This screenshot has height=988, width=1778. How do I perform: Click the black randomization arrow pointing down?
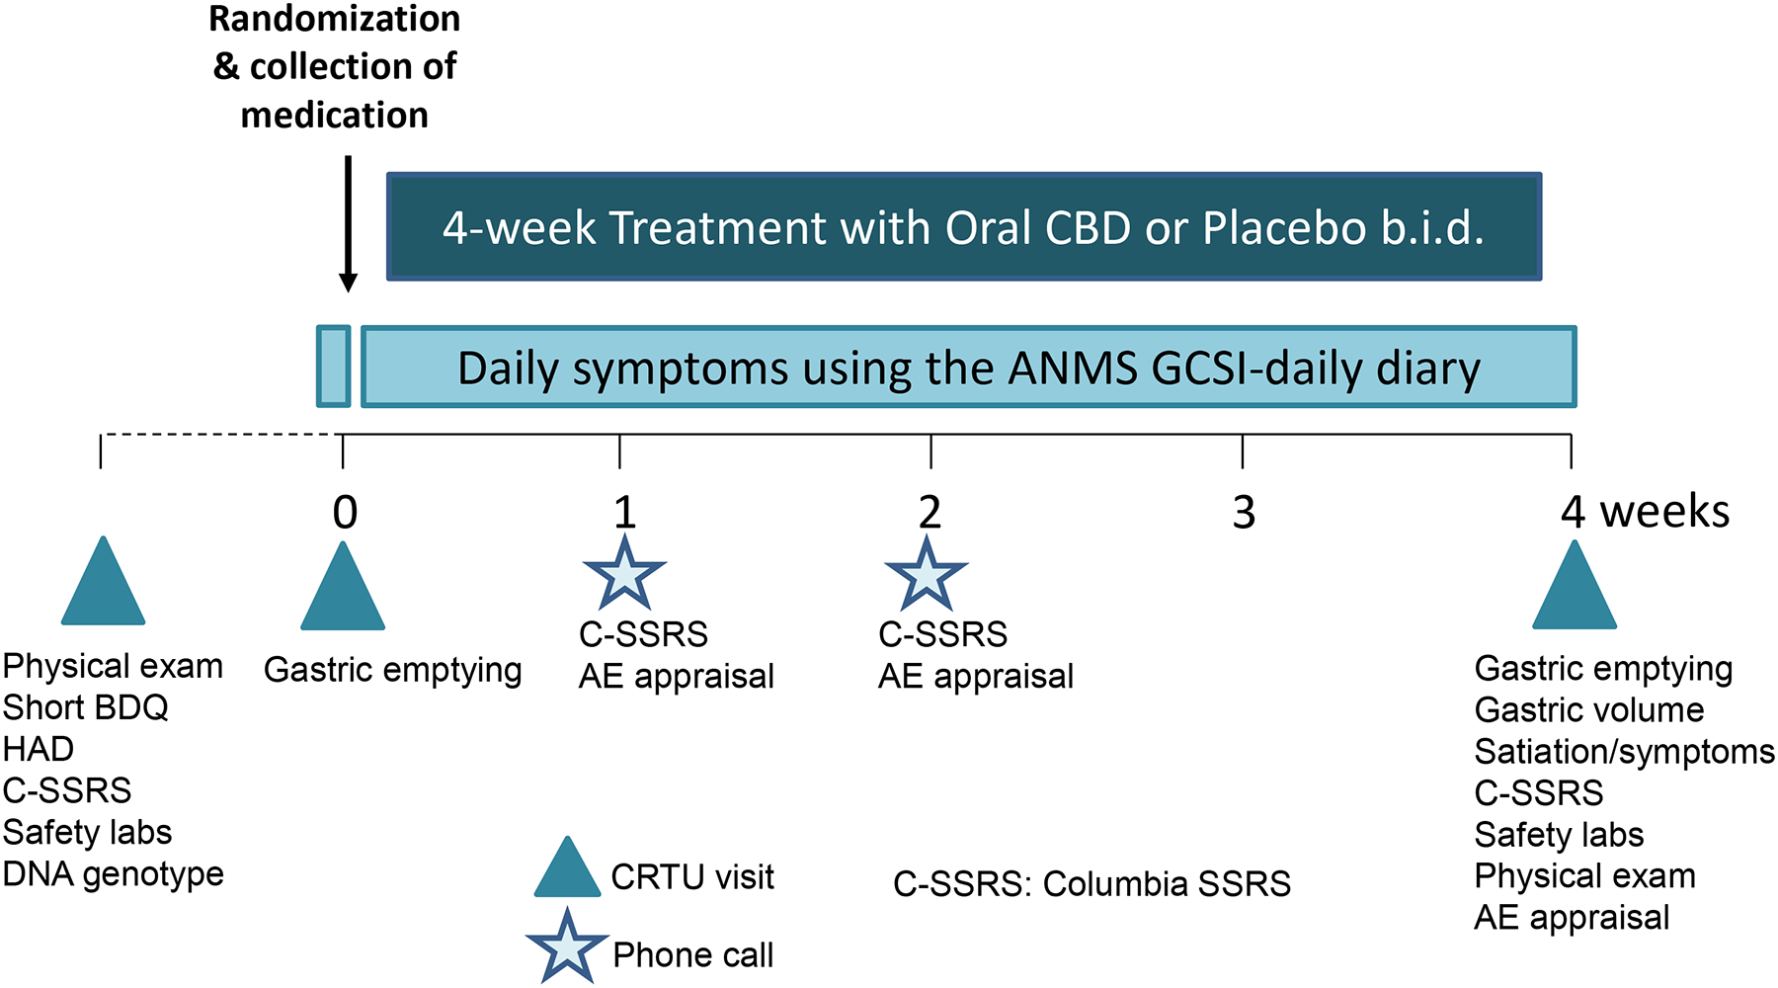coord(348,224)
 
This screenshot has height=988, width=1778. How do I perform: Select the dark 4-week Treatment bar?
coord(964,227)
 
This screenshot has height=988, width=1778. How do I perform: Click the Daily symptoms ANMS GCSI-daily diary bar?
coord(968,367)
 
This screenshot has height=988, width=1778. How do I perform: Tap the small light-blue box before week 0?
coord(334,367)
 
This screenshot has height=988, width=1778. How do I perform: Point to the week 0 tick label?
coord(345,512)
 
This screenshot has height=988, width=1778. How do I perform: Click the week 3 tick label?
coord(1244,512)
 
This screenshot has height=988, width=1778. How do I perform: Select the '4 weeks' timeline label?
coord(1645,512)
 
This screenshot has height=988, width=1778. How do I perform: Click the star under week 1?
coord(624,573)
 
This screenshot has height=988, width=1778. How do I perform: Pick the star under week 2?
coord(927,573)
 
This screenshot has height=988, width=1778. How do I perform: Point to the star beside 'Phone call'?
coord(567,947)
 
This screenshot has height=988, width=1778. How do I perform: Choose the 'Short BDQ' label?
coord(86,707)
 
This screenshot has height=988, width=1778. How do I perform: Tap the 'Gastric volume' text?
coord(1589,709)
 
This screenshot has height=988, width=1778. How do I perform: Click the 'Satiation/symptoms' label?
coord(1625,752)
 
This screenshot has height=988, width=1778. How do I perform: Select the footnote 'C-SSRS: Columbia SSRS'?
coord(1091,883)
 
